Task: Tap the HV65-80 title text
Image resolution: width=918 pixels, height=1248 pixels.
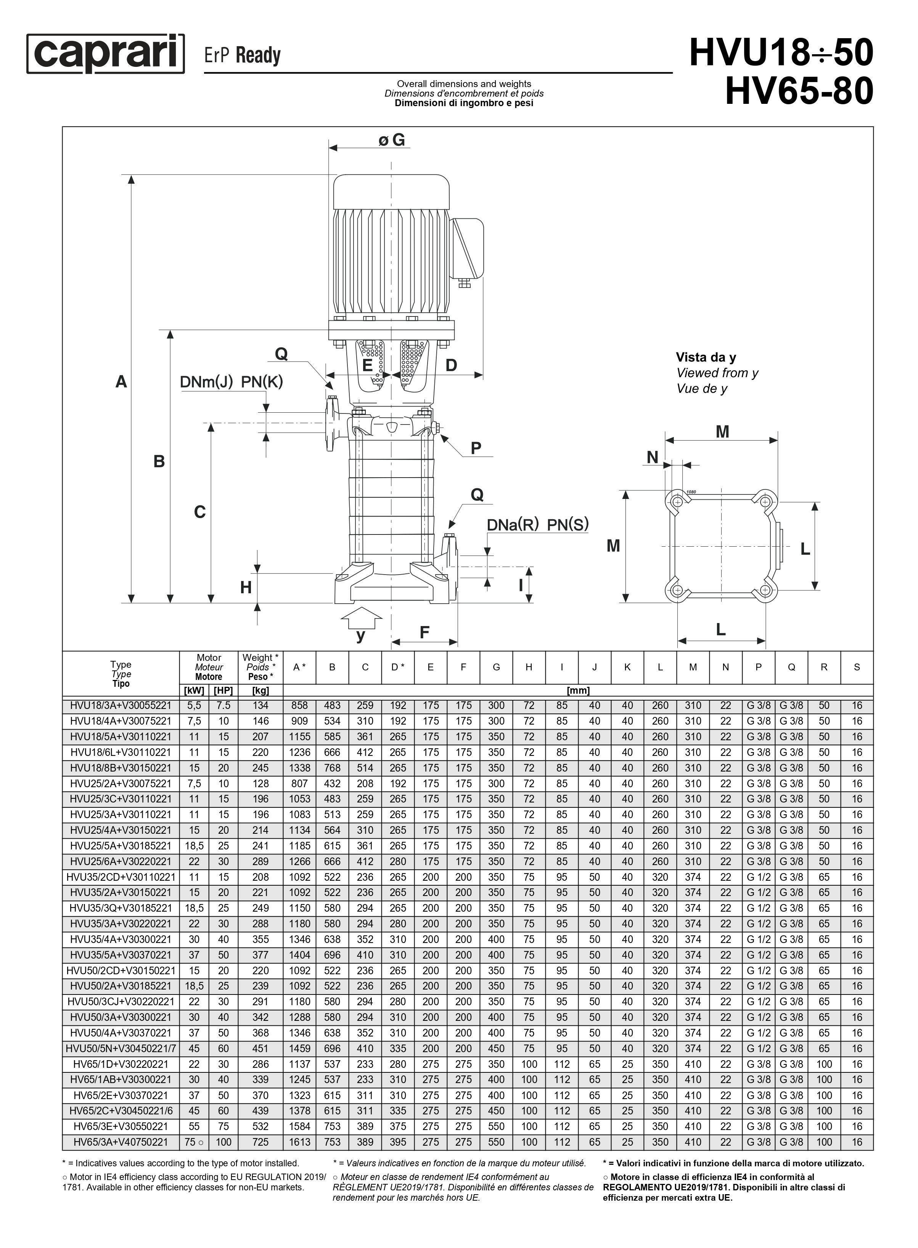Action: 799,91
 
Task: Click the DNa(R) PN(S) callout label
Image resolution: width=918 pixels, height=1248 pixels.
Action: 537,525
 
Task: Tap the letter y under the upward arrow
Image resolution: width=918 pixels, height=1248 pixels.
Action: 361,635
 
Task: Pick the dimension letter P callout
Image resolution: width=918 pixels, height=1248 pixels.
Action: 476,448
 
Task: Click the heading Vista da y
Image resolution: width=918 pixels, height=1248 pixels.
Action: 706,357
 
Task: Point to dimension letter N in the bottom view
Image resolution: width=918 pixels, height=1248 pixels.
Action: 653,457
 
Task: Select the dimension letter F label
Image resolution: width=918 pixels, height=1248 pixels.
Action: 424,632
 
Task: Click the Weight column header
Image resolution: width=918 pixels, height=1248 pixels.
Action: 260,667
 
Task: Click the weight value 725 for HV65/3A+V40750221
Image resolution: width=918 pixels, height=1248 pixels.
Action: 260,1142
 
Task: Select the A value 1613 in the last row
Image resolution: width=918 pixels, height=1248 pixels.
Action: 299,1142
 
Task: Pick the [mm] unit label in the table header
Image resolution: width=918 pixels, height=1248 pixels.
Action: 578,691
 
